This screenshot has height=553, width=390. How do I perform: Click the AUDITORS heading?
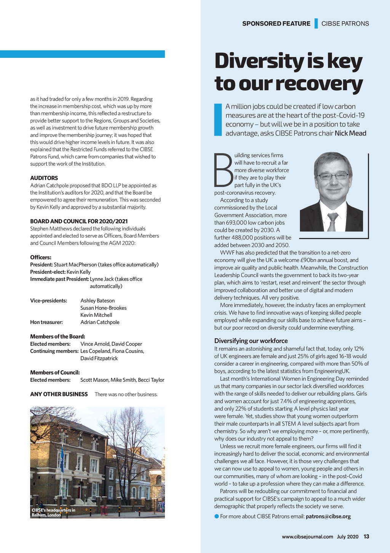[44, 178]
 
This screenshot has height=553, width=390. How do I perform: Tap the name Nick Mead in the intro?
[350, 133]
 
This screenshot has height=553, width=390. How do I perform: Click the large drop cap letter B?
[223, 171]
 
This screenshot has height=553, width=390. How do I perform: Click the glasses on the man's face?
[333, 176]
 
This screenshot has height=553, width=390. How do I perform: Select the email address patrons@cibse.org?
[328, 516]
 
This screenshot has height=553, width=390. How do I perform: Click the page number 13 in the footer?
[366, 537]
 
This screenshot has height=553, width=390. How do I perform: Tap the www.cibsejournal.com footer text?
[307, 537]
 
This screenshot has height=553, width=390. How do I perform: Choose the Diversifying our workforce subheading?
[251, 341]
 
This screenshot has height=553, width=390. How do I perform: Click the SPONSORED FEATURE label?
[276, 24]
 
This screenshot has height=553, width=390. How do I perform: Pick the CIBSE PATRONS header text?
[345, 24]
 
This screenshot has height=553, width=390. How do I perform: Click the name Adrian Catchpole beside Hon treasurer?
[100, 322]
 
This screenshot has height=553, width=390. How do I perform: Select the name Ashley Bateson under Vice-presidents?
[97, 300]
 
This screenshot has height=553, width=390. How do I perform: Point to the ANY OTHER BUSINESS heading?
[59, 394]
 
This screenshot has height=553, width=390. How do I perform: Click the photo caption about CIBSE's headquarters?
[53, 513]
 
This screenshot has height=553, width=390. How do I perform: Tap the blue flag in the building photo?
[62, 454]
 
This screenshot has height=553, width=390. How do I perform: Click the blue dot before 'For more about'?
[217, 516]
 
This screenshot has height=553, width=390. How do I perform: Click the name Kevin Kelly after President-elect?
[78, 272]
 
